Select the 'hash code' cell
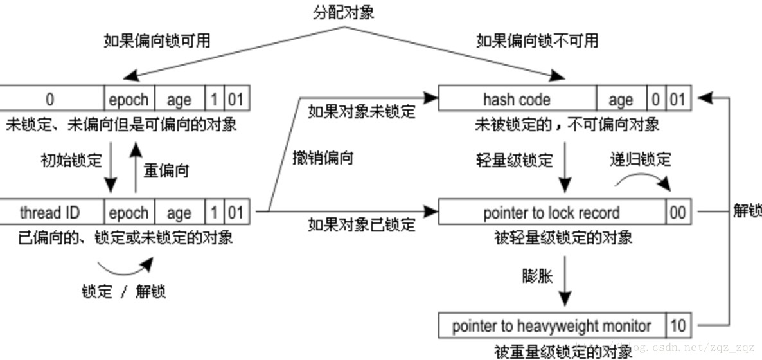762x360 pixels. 517,100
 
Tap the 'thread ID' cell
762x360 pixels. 49,213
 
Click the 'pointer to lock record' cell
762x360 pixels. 551,213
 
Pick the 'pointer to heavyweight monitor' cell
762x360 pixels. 551,326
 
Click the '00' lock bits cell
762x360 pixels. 678,213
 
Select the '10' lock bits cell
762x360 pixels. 678,326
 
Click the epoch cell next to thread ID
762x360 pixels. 128,213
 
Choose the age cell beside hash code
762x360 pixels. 621,100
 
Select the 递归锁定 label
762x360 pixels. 640,159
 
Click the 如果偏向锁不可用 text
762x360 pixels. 536,41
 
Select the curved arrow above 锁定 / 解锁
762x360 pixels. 125,265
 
